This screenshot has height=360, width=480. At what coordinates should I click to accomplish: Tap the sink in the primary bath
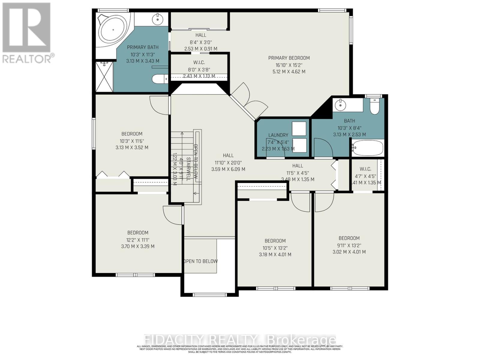(157, 19)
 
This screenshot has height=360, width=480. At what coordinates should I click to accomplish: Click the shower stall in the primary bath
(104, 76)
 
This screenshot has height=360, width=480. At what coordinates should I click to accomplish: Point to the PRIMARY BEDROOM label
(289, 58)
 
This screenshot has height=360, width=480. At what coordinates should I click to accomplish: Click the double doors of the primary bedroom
(249, 99)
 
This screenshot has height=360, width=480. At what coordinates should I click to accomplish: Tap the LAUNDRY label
(278, 135)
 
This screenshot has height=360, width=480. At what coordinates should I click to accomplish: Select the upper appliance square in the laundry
(299, 129)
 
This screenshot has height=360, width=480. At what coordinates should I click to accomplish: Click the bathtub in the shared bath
(368, 148)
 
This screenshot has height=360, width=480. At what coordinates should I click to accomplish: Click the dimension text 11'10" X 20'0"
(228, 163)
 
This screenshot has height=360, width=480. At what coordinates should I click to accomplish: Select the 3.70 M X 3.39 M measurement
(138, 246)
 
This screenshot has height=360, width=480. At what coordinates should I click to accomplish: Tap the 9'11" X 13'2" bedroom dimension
(349, 245)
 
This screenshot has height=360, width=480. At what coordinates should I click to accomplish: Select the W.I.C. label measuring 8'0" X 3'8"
(199, 62)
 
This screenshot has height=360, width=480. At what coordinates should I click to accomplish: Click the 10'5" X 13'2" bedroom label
(275, 241)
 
